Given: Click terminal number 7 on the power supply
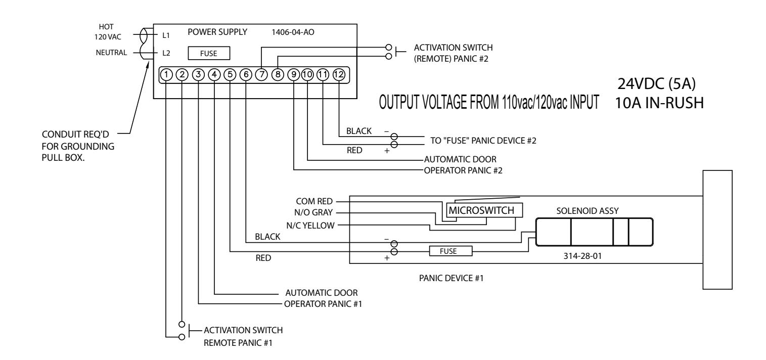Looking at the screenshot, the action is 261,74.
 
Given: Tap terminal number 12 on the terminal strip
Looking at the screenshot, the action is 339,74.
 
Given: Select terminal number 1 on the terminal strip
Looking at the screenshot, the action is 166,74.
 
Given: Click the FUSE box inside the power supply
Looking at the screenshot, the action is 209,53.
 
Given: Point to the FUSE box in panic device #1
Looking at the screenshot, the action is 450,251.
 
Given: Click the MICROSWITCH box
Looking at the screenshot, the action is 484,210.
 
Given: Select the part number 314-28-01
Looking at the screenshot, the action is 582,256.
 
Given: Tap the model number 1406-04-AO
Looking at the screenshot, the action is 293,32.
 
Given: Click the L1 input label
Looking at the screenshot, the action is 166,35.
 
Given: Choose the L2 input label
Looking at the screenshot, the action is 166,53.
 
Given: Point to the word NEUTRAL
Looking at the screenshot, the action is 111,53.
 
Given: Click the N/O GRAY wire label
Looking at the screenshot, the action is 313,213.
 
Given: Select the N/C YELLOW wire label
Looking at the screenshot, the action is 310,226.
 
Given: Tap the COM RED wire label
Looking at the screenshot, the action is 314,201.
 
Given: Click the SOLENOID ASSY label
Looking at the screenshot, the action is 588,211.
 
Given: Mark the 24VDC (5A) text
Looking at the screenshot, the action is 657,84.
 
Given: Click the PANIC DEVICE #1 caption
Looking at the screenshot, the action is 452,278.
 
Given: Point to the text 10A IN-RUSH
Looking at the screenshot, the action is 659,103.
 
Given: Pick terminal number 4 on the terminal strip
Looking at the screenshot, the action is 214,74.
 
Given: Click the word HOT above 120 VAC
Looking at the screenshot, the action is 106,27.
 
